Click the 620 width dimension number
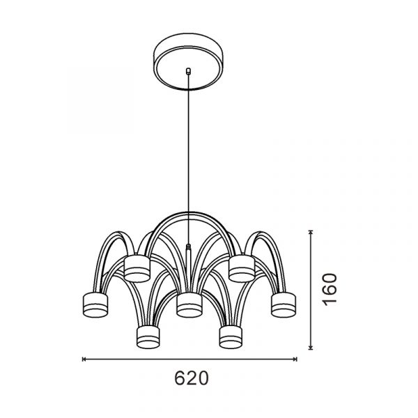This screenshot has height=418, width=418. (x=191, y=378)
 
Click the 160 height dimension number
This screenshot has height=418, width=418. (x=330, y=289)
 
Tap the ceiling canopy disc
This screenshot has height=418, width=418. (x=188, y=61)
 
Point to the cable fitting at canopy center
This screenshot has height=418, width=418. (x=188, y=71)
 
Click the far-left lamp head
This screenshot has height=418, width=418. (x=95, y=305)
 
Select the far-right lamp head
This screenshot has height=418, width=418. (x=284, y=304)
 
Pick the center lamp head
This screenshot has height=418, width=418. (x=189, y=305)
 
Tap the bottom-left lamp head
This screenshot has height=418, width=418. (x=148, y=336)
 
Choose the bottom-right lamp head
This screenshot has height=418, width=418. (x=231, y=336)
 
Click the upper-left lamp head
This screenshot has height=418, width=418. (x=137, y=269)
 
